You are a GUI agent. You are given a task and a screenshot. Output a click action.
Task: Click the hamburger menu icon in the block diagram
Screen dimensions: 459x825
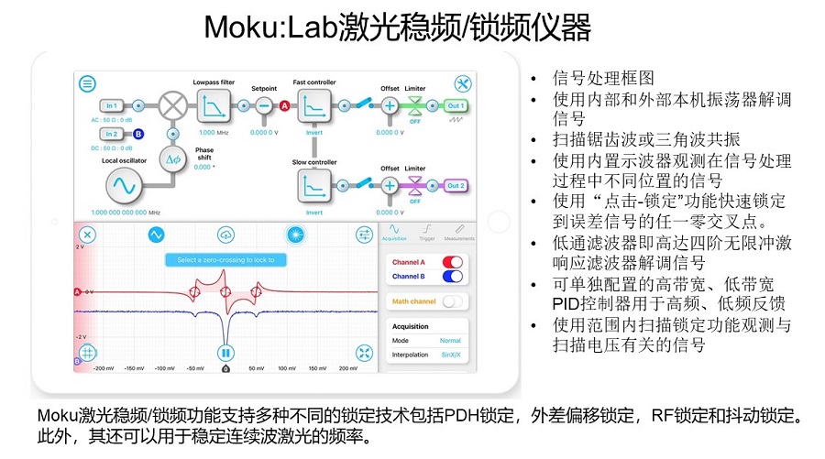tap(87, 83)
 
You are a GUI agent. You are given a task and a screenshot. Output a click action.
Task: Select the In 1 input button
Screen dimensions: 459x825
tap(112, 105)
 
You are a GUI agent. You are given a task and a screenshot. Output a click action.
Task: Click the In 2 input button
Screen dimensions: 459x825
tap(112, 134)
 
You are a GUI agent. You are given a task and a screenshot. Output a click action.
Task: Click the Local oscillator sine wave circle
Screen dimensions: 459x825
tap(123, 186)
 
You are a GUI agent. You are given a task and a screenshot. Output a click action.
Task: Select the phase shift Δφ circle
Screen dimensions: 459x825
tap(172, 158)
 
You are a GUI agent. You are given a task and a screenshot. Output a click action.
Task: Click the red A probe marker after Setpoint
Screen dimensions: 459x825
tap(284, 106)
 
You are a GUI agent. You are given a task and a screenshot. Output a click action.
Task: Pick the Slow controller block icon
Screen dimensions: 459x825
tap(314, 186)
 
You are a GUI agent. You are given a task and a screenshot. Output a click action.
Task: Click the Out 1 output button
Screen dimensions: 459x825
tap(456, 105)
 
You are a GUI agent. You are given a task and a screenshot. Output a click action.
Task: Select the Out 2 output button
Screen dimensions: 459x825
tap(456, 186)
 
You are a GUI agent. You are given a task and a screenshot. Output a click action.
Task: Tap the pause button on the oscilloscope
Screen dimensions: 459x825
tap(225, 352)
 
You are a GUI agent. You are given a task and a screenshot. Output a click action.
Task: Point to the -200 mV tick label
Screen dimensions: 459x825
tap(104, 368)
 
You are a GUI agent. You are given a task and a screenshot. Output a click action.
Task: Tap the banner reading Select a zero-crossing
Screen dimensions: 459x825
tap(225, 260)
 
